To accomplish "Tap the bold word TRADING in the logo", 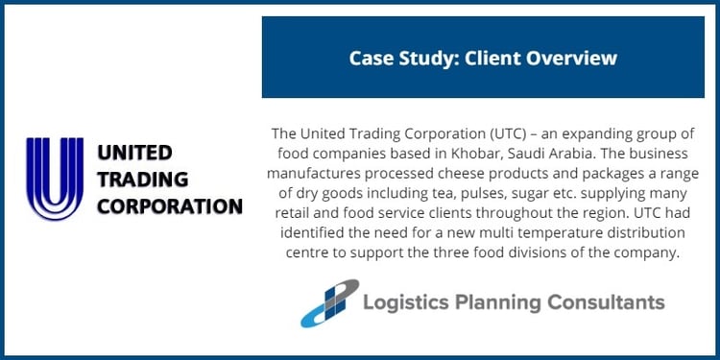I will point(133,179).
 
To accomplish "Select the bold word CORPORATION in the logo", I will point(169,205).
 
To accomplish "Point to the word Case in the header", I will point(371,59).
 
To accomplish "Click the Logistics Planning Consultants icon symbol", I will point(328,302).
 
